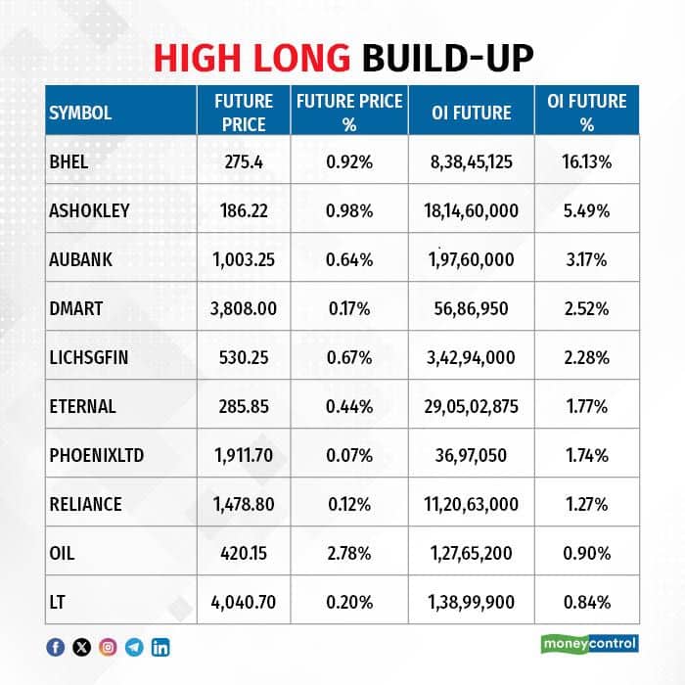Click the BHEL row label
(68, 161)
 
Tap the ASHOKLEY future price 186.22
(245, 210)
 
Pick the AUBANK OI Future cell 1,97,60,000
(471, 259)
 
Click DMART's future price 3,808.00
(245, 308)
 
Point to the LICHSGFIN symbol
(87, 357)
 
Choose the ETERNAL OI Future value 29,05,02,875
(471, 406)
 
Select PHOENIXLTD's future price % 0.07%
(350, 455)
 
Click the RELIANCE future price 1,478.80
(245, 504)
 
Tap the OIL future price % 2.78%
(350, 553)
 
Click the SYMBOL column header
(79, 113)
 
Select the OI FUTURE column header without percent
(471, 113)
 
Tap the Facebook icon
(56, 646)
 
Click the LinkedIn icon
(160, 646)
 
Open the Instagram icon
(108, 646)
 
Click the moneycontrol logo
(589, 644)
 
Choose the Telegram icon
(134, 646)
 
